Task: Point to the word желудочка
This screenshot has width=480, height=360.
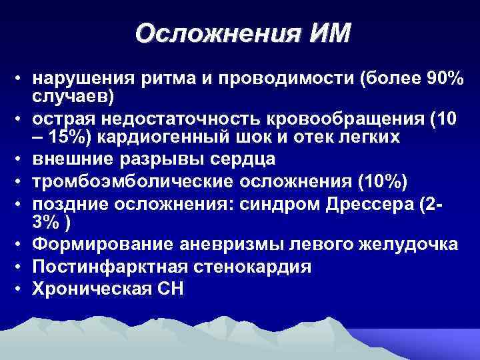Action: coord(411,245)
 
